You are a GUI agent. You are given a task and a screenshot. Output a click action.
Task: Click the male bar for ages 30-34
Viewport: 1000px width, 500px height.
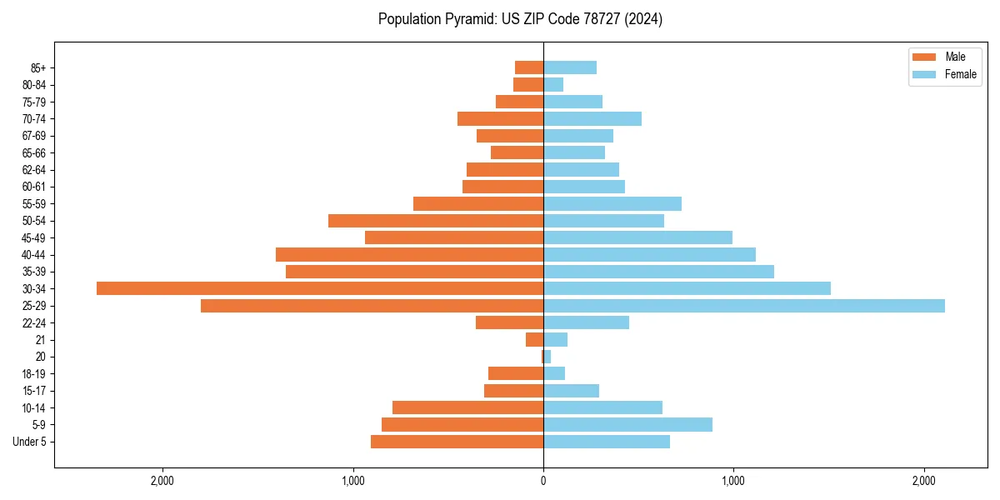pos(320,288)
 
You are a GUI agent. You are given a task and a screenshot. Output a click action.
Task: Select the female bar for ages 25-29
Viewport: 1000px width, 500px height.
pos(743,306)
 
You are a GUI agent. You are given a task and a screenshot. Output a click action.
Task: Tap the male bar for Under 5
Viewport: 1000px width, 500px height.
pos(457,442)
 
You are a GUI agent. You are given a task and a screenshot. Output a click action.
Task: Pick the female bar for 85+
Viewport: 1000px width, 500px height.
pos(569,67)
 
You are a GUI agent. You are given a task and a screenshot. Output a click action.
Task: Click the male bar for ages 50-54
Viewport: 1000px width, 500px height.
pos(436,221)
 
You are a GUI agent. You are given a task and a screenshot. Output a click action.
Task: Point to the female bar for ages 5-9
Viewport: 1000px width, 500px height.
pos(627,425)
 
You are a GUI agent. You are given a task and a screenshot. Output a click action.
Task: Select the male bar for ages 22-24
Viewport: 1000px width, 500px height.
pos(509,322)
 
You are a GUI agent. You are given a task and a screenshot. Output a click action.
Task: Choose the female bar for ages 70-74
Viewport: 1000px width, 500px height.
pos(592,119)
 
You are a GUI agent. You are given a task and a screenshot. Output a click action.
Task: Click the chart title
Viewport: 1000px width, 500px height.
pos(520,19)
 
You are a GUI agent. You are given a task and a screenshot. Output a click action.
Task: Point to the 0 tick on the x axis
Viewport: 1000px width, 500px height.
pos(543,480)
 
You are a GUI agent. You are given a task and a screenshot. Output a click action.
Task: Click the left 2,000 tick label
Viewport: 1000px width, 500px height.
pos(162,480)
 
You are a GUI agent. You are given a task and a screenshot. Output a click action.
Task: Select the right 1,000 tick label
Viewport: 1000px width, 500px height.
pos(733,480)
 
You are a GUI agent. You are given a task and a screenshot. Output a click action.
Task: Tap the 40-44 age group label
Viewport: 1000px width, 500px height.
pos(33,255)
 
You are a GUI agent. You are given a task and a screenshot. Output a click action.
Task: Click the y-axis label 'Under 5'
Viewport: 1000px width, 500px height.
pos(29,442)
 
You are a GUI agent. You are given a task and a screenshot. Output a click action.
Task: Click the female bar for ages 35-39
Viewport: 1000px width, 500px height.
pos(658,272)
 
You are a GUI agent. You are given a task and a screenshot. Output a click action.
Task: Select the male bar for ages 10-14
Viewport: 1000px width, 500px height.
pos(467,407)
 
